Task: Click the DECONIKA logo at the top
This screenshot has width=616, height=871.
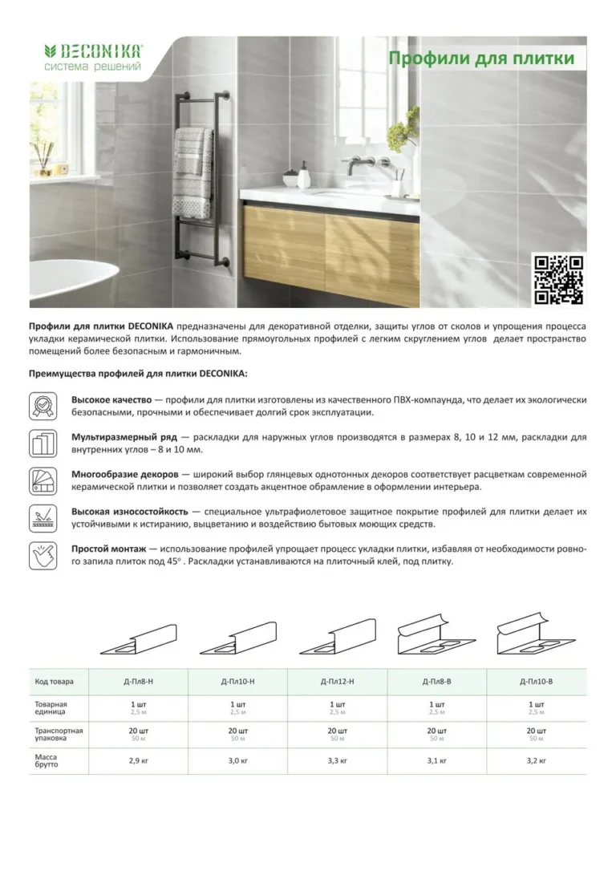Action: (x=92, y=56)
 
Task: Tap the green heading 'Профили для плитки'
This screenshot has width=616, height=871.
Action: (x=481, y=59)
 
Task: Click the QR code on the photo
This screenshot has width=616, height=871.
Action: (x=559, y=279)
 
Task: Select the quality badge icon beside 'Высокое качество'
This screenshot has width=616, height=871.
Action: (x=43, y=405)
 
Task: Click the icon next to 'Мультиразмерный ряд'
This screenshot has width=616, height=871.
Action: (x=43, y=443)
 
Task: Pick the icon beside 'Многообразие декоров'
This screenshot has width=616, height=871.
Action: (x=43, y=480)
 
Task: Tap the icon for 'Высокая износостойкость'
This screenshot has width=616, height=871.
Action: (x=43, y=517)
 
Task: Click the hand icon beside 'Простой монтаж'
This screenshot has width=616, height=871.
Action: (x=43, y=554)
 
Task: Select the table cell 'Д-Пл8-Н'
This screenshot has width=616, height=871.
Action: (x=138, y=682)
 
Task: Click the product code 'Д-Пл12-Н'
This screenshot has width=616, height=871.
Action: (x=337, y=682)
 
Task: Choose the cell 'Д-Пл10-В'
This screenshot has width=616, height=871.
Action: (x=536, y=682)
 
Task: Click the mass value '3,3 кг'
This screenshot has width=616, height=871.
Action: (x=337, y=760)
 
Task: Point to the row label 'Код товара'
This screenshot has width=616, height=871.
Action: (x=55, y=682)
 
